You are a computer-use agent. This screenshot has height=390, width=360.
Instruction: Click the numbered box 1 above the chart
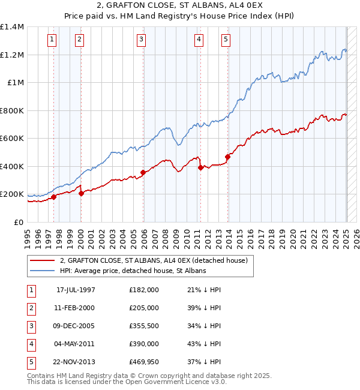pyautogui.click(x=53, y=40)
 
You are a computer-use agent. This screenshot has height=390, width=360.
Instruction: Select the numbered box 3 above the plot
pyautogui.click(x=141, y=40)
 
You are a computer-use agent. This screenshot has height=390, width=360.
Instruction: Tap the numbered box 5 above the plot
pyautogui.click(x=226, y=40)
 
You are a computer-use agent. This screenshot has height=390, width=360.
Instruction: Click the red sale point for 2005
pyautogui.click(x=143, y=173)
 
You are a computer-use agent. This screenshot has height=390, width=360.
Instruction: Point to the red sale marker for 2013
pyautogui.click(x=228, y=157)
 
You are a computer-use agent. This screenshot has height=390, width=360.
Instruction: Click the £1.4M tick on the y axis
pyautogui.click(x=12, y=27)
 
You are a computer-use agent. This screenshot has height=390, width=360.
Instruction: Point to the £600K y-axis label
pyautogui.click(x=12, y=139)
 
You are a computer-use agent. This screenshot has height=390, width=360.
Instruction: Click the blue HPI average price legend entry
pyautogui.click(x=133, y=271)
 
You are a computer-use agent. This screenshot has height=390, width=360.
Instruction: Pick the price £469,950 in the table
pyautogui.click(x=144, y=362)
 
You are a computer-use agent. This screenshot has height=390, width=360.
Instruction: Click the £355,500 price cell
pyautogui.click(x=144, y=326)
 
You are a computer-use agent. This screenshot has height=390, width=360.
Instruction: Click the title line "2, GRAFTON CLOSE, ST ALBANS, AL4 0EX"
pyautogui.click(x=180, y=7)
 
